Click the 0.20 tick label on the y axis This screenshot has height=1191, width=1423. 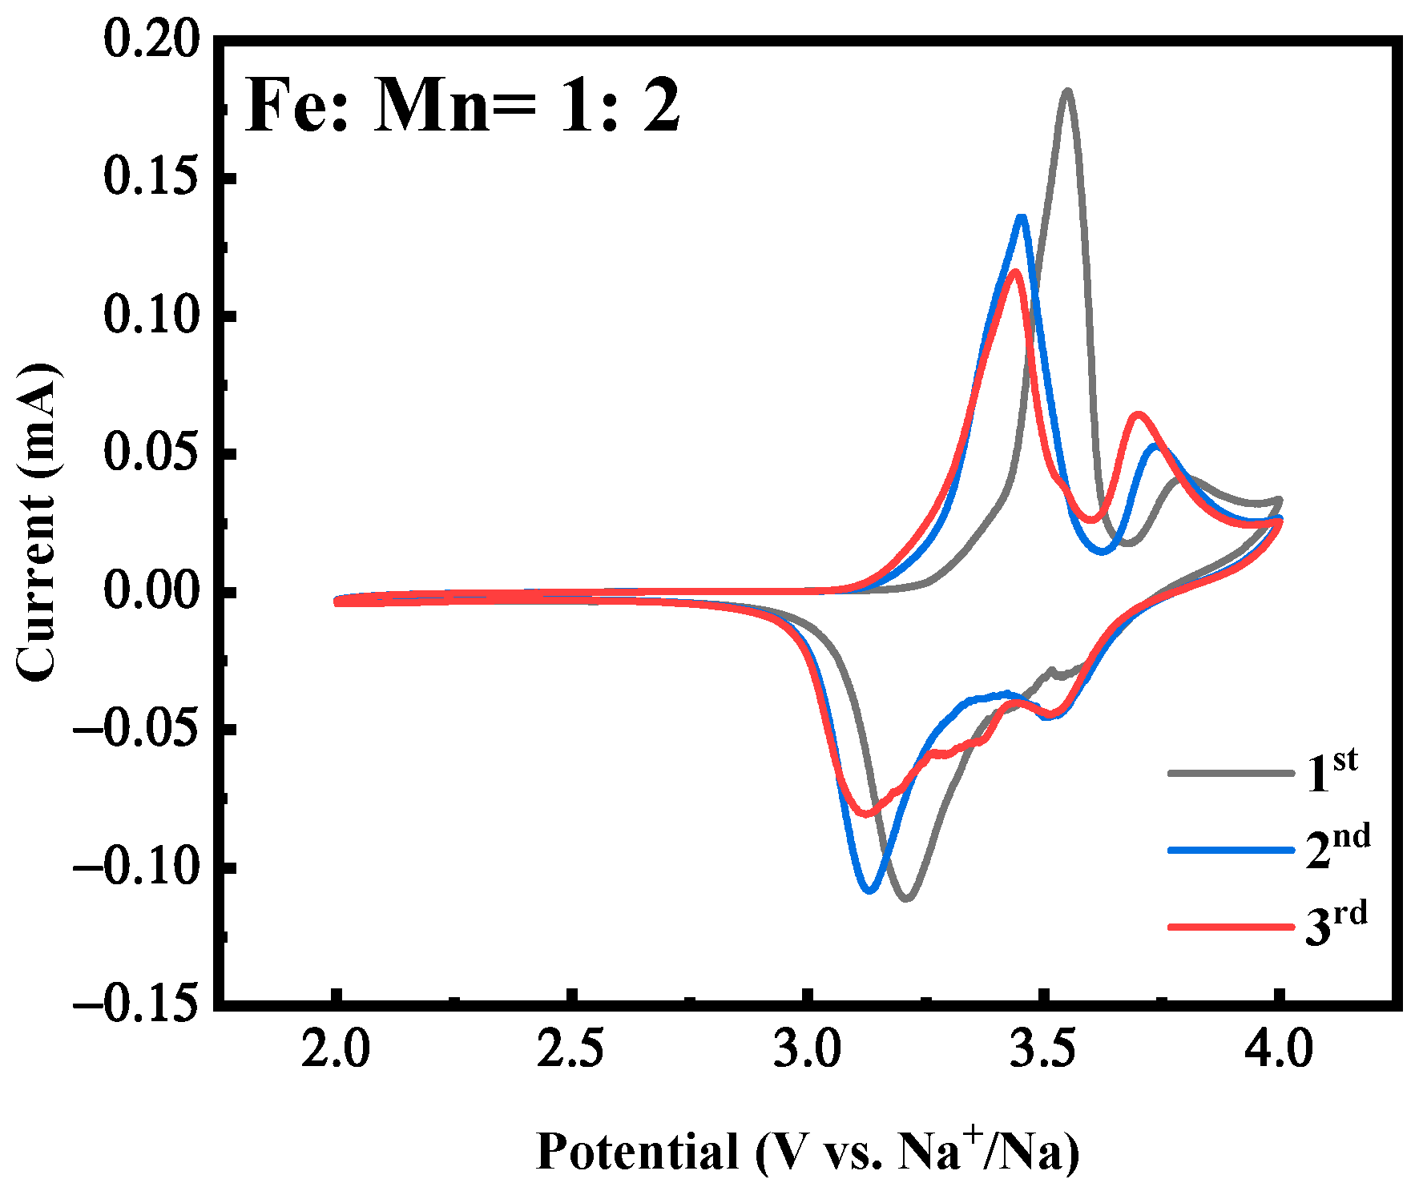click(150, 41)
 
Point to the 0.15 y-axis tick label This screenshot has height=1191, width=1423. click(150, 179)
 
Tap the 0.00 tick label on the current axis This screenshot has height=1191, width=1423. click(150, 593)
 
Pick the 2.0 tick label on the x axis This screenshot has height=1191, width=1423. click(336, 1050)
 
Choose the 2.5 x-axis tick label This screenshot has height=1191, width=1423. click(570, 1050)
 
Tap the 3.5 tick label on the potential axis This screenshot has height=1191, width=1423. click(1042, 1050)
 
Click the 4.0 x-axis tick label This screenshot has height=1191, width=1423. click(1279, 1050)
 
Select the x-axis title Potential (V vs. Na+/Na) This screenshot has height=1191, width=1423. click(807, 1152)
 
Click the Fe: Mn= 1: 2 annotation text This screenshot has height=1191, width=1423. click(462, 107)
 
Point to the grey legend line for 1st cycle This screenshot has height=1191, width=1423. click(1230, 774)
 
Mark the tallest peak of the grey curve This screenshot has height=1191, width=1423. click(1066, 91)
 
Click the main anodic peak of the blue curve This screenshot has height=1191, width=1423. click(1021, 217)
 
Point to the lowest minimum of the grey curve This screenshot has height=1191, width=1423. click(907, 899)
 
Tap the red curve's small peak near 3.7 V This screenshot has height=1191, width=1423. click(1138, 415)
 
